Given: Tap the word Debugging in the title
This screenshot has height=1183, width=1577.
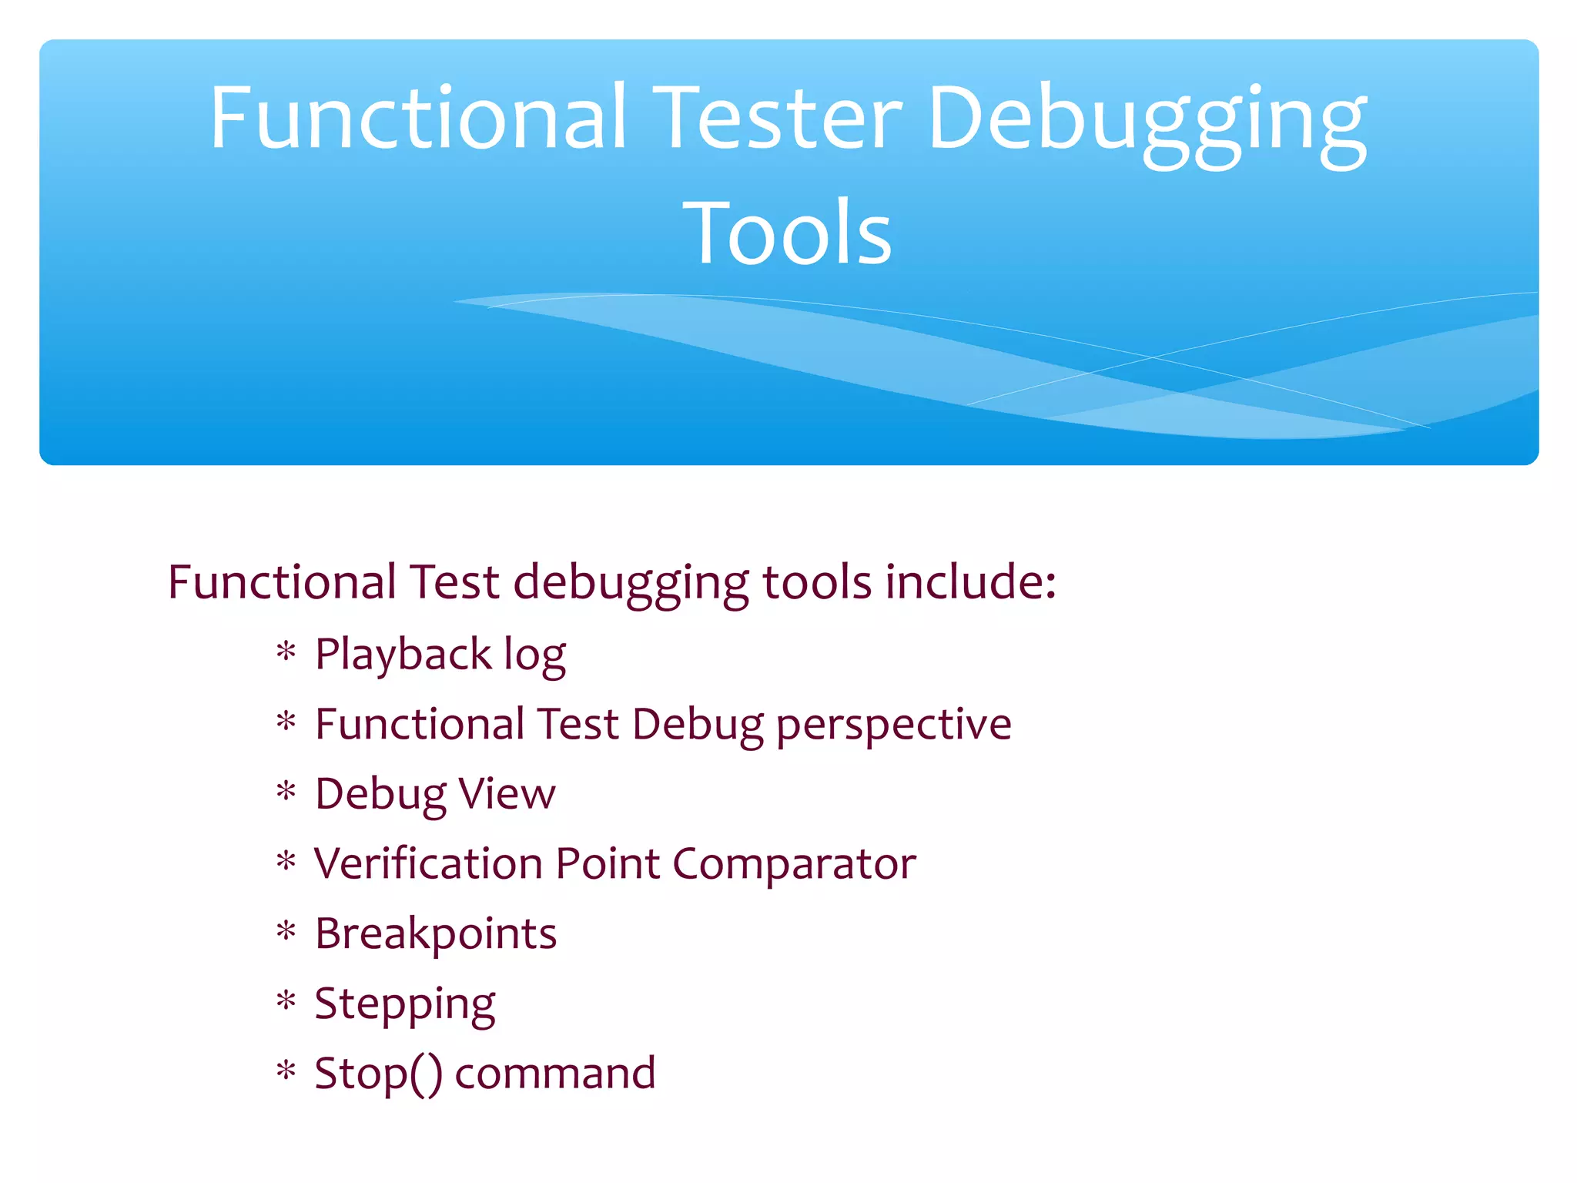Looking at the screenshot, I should click(1147, 122).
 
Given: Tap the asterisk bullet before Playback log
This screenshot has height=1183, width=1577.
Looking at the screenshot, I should click(286, 653).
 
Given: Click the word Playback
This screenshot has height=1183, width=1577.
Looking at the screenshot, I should click(403, 655).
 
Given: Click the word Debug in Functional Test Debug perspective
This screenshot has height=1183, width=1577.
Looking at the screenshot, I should click(698, 726).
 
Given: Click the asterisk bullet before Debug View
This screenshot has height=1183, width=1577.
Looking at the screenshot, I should click(286, 793).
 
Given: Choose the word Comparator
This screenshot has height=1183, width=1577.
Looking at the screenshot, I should click(794, 865).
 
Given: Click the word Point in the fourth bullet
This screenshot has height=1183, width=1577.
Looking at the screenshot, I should click(608, 863).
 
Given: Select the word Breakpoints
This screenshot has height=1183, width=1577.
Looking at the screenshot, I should click(436, 934).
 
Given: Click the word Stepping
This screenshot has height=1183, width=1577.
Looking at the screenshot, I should click(405, 1005).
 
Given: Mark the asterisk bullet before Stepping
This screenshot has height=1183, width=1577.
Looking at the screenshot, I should click(286, 1002).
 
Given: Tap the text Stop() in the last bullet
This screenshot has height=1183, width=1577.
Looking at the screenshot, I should click(378, 1074).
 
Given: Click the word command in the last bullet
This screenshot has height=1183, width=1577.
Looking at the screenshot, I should click(555, 1074).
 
